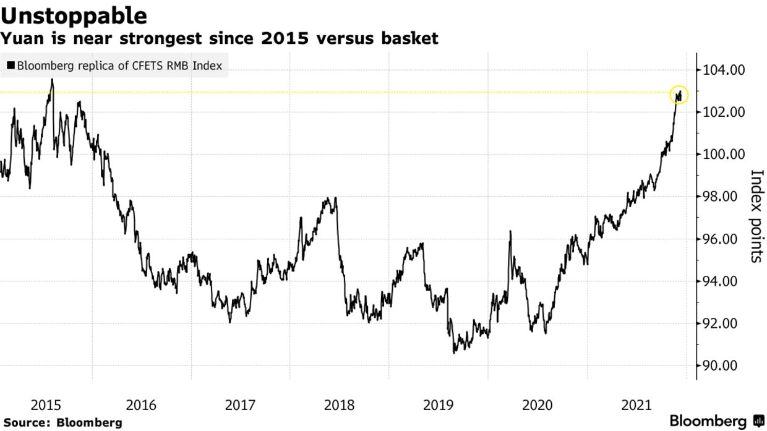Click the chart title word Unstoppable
pyautogui.click(x=74, y=15)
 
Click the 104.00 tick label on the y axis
pyautogui.click(x=724, y=70)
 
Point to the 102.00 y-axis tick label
pyautogui.click(x=724, y=112)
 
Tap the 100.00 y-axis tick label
pyautogui.click(x=724, y=154)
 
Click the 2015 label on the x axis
pyautogui.click(x=46, y=406)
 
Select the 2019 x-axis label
pyautogui.click(x=439, y=406)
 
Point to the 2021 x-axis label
pyautogui.click(x=637, y=406)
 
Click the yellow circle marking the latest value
pyautogui.click(x=679, y=95)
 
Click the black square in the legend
pyautogui.click(x=11, y=66)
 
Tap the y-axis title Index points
pyautogui.click(x=755, y=216)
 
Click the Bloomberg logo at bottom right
pyautogui.click(x=716, y=421)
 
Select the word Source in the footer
pyautogui.click(x=25, y=423)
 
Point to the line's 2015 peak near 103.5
pyautogui.click(x=52, y=79)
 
